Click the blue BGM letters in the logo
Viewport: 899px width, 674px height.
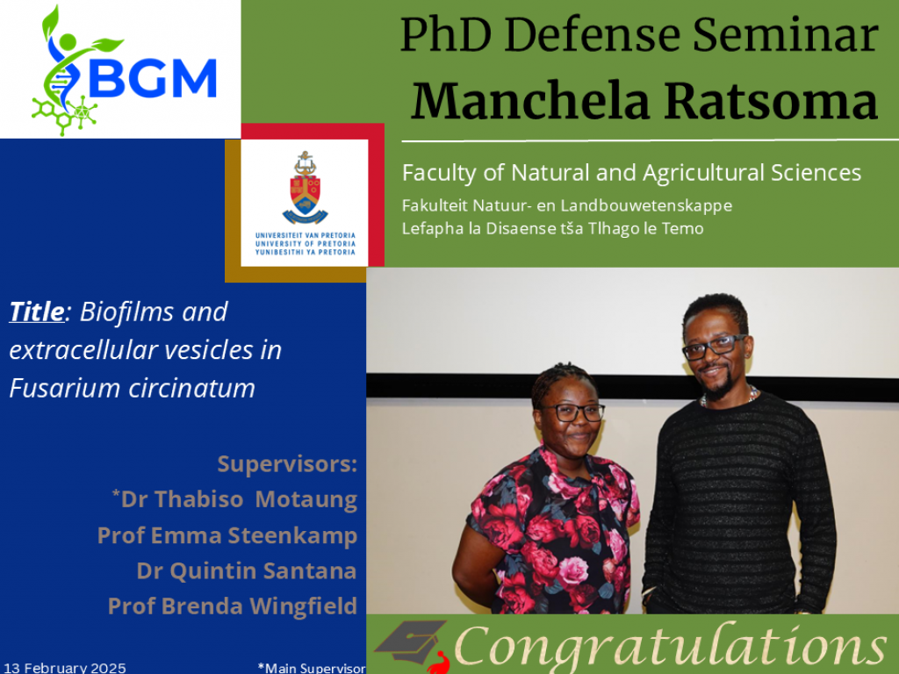point(153,78)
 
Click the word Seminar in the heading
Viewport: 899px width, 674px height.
point(786,34)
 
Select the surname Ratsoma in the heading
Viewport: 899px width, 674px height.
point(771,101)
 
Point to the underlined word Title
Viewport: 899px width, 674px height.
point(37,312)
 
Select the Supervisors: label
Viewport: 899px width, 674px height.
point(287,464)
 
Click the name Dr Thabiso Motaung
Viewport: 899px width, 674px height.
point(235,499)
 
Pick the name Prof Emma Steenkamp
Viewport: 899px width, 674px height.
point(227,535)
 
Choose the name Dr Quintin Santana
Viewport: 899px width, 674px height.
point(247,570)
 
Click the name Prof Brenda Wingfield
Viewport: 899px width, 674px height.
point(233,606)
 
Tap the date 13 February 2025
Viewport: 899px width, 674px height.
point(65,668)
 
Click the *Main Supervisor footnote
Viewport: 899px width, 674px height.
point(312,668)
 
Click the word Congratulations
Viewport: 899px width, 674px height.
point(670,647)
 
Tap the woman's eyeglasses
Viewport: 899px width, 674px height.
point(572,412)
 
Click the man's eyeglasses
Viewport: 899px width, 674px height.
point(714,346)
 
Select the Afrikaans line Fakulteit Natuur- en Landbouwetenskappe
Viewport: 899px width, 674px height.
point(567,205)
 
